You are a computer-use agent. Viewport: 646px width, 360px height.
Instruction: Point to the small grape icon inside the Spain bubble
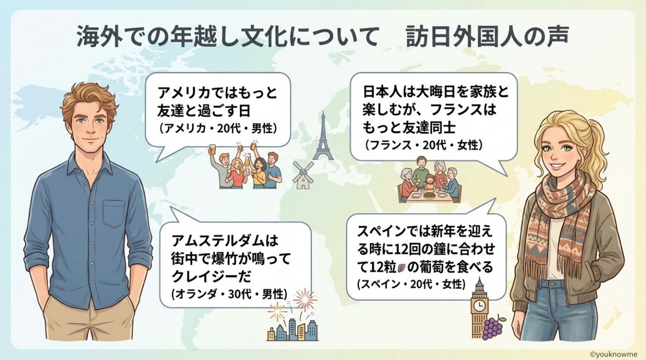pyautogui.click(x=401, y=267)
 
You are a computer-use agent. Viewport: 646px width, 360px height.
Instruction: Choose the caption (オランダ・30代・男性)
pyautogui.click(x=229, y=294)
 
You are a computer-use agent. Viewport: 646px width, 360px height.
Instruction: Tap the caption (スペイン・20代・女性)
pyautogui.click(x=411, y=284)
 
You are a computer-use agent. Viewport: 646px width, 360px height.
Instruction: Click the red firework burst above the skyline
pyautogui.click(x=304, y=299)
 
